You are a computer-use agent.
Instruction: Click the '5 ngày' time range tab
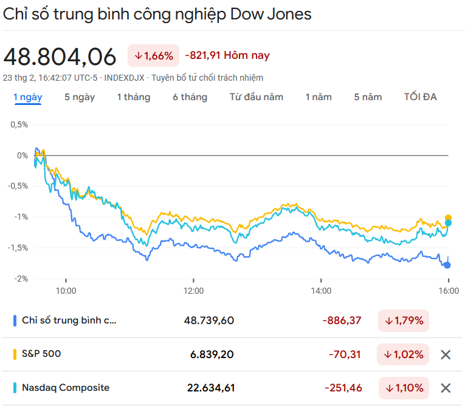pyautogui.click(x=80, y=97)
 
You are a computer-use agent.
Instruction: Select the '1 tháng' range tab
pyautogui.click(x=134, y=97)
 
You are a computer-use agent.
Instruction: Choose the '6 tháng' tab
pyautogui.click(x=190, y=97)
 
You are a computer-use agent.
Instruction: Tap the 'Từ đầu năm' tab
pyautogui.click(x=257, y=97)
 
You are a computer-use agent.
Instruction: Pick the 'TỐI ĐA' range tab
pyautogui.click(x=421, y=97)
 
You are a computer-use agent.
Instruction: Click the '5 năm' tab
pyautogui.click(x=368, y=97)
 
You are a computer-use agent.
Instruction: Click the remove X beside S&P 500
pyautogui.click(x=446, y=354)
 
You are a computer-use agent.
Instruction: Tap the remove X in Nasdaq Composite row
pyautogui.click(x=446, y=388)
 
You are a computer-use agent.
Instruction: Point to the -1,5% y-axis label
pyautogui.click(x=18, y=248)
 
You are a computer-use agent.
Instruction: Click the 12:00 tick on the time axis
pyautogui.click(x=193, y=291)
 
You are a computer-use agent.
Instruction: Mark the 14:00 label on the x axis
pyautogui.click(x=321, y=291)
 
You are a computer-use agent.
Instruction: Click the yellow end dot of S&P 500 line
pyautogui.click(x=449, y=218)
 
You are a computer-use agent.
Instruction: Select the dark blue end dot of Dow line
pyautogui.click(x=448, y=265)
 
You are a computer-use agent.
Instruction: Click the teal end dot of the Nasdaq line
pyautogui.click(x=449, y=223)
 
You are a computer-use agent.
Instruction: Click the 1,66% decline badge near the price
pyautogui.click(x=153, y=56)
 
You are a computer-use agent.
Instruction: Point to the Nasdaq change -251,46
pyautogui.click(x=343, y=388)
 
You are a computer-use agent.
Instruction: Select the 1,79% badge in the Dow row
pyautogui.click(x=403, y=320)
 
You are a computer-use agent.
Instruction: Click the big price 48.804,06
pyautogui.click(x=60, y=56)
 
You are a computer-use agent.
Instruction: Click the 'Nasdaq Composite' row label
pyautogui.click(x=66, y=387)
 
